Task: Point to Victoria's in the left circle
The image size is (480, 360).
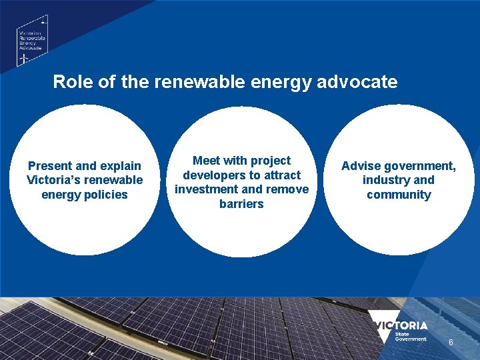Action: pyautogui.click(x=55, y=180)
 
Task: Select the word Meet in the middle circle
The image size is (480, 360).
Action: pyautogui.click(x=206, y=161)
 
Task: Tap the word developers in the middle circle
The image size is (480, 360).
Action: pyautogui.click(x=215, y=175)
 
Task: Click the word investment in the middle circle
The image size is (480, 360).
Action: pyautogui.click(x=206, y=189)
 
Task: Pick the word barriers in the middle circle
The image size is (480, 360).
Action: pyautogui.click(x=241, y=204)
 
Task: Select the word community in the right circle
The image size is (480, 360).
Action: pyautogui.click(x=399, y=195)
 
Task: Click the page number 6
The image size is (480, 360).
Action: pyautogui.click(x=451, y=342)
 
